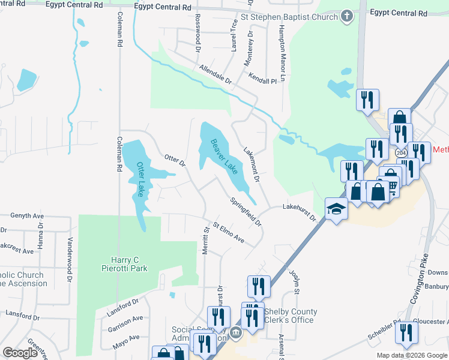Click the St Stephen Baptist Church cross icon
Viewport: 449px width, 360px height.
click(347, 17)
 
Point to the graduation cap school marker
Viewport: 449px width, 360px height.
click(337, 209)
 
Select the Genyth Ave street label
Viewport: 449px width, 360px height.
click(28, 215)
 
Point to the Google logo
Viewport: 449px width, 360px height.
click(20, 353)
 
